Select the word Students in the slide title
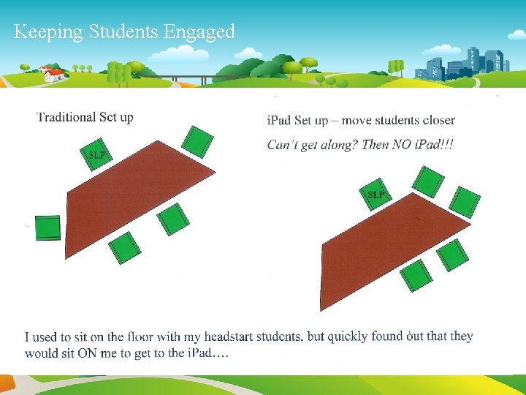click(x=124, y=32)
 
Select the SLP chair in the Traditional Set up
click(x=96, y=155)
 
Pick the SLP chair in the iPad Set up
click(x=376, y=195)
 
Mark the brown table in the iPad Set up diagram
click(x=387, y=249)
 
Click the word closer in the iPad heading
click(x=436, y=120)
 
